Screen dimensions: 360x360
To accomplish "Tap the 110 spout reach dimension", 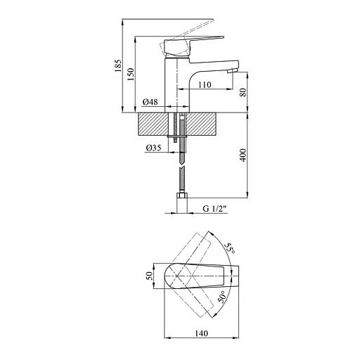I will [x=205, y=84].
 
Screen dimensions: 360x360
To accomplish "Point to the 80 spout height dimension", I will [x=243, y=92].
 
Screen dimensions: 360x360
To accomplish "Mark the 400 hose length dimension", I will [x=243, y=154].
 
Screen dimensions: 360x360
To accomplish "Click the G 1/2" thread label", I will [x=214, y=209].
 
